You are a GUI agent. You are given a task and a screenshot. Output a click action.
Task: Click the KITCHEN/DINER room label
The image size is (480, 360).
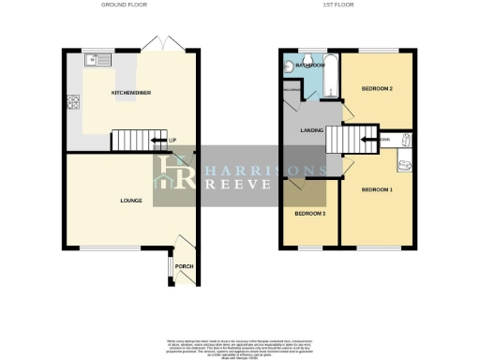125,94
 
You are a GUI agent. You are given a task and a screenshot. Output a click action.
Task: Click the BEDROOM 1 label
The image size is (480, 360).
376,190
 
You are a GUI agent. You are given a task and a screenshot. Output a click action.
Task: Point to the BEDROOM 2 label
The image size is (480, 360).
375,90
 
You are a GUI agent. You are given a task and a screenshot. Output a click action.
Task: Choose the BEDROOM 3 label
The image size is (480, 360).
310,214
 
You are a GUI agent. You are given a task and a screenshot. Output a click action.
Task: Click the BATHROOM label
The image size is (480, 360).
309,67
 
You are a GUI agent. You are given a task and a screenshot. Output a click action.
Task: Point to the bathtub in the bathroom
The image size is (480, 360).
328,75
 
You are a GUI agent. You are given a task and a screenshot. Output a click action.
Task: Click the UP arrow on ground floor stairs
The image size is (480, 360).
173,142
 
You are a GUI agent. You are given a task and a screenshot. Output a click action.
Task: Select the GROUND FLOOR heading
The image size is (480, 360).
124,5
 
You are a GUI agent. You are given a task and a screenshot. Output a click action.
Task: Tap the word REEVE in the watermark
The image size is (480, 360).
239,185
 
